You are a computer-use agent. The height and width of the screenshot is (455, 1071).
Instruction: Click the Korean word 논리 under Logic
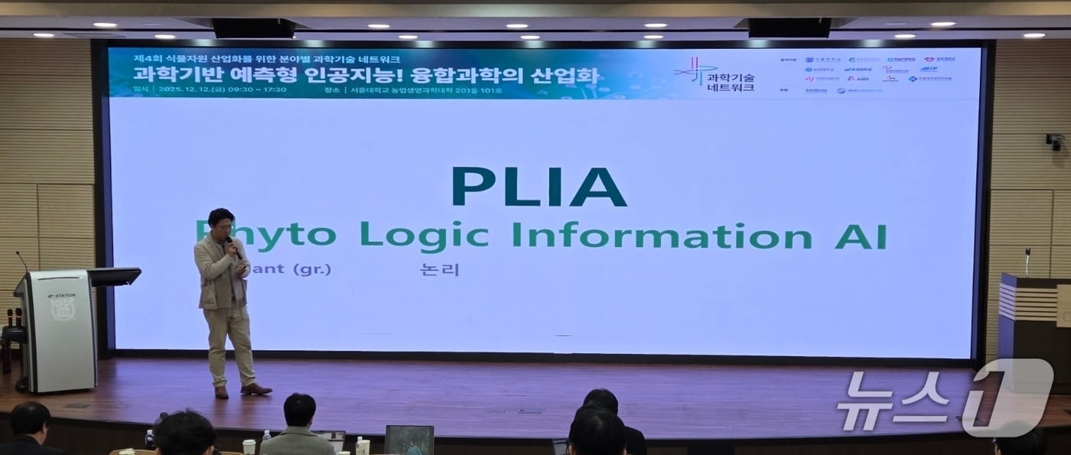pyautogui.click(x=439, y=269)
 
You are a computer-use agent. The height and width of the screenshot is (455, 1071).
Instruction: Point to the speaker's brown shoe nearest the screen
pyautogui.click(x=256, y=389)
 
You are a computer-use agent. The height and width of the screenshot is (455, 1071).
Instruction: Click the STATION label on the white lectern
pyautogui.click(x=61, y=295)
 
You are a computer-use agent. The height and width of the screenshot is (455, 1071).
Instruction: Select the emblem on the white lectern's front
pyautogui.click(x=63, y=308)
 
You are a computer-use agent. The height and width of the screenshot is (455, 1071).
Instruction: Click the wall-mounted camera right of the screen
pyautogui.click(x=1056, y=141)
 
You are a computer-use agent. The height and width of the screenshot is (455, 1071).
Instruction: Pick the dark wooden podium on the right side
pyautogui.click(x=1033, y=329)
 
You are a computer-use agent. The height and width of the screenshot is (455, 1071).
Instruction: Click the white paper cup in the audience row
pyautogui.click(x=249, y=447)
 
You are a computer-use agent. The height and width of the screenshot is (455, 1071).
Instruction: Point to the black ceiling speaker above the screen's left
pyautogui.click(x=253, y=28)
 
